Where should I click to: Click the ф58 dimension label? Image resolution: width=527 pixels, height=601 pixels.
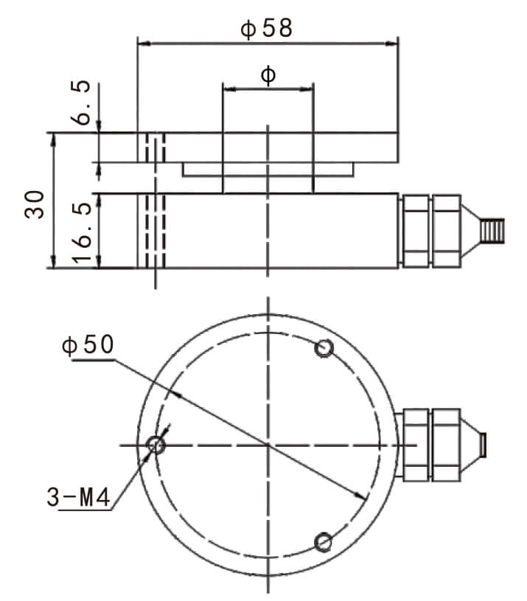pyautogui.click(x=267, y=28)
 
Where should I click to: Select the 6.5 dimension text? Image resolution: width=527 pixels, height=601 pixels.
pyautogui.click(x=85, y=103)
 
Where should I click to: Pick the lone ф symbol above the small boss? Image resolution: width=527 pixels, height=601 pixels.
pyautogui.click(x=268, y=74)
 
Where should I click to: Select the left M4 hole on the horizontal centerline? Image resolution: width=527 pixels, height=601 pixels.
pyautogui.click(x=156, y=445)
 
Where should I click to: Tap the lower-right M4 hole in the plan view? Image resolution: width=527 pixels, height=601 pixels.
pyautogui.click(x=323, y=543)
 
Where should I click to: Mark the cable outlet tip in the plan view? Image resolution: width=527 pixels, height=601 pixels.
pyautogui.click(x=483, y=445)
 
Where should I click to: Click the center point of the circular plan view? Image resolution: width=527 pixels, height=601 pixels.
pyautogui.click(x=268, y=445)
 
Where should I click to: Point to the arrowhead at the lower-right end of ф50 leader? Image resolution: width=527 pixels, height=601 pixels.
pyautogui.click(x=360, y=496)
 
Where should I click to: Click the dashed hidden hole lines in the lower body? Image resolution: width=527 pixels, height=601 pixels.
pyautogui.click(x=155, y=230)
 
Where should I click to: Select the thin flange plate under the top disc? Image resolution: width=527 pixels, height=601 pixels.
pyautogui.click(x=268, y=169)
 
